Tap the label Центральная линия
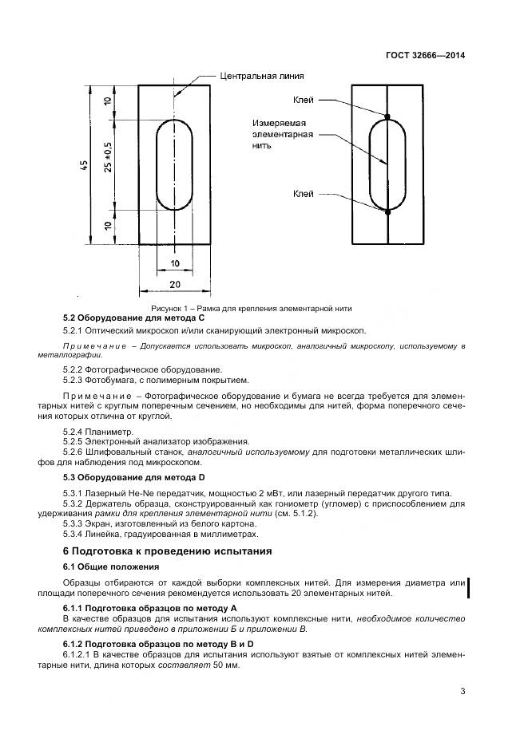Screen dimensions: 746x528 [261, 77]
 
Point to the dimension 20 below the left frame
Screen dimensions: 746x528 [175, 284]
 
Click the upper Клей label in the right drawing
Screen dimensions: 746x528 [303, 100]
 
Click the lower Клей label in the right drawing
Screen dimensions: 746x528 [303, 193]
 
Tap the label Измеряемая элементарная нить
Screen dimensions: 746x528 [278, 136]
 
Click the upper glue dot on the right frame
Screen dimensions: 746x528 [387, 117]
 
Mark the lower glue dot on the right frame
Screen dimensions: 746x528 [387, 212]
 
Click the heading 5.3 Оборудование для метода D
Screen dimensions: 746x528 [129, 477]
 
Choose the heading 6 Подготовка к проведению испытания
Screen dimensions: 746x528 [168, 551]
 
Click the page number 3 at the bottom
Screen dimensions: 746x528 [462, 692]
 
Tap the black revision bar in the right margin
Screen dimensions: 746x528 [468, 588]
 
